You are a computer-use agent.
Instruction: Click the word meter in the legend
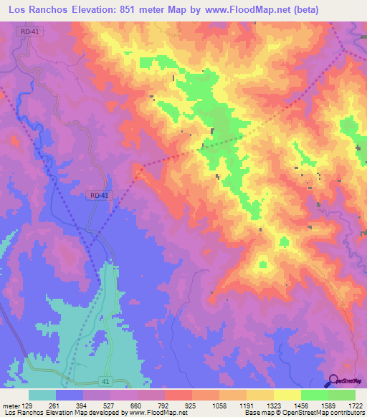point(11,405)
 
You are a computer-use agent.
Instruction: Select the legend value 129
point(28,405)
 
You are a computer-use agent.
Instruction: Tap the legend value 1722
point(354,405)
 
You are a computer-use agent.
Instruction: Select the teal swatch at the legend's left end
point(42,395)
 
